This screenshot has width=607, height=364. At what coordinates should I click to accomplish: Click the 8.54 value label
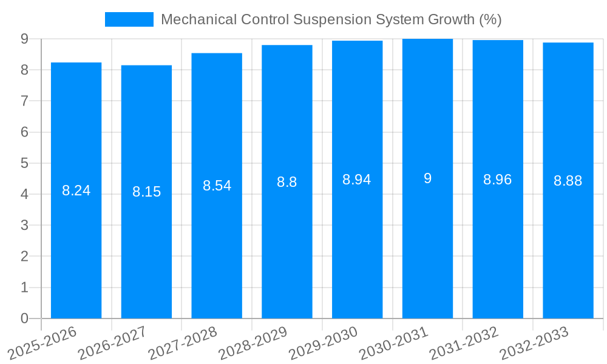217,186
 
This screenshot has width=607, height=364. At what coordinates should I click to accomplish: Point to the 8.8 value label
287,182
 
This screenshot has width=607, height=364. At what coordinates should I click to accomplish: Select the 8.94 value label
357,180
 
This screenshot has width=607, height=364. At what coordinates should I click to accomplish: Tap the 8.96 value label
498,180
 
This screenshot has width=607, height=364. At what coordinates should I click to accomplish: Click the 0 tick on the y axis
24,318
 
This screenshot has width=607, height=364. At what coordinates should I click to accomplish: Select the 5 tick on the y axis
24,163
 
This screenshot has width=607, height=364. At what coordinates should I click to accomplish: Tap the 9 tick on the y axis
24,39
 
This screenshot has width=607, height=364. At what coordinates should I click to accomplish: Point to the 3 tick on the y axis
24,225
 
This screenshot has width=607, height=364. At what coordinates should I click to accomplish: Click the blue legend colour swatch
129,19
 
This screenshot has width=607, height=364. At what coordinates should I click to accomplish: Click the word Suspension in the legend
331,19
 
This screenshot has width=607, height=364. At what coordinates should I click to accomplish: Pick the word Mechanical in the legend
198,19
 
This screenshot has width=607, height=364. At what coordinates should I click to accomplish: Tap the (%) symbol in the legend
490,19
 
